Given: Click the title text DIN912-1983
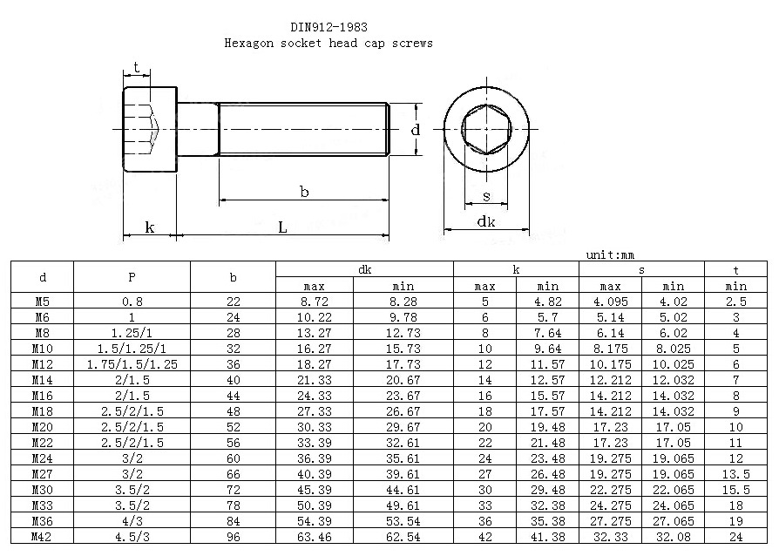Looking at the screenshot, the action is click(x=329, y=27).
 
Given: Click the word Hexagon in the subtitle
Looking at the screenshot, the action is click(x=249, y=44).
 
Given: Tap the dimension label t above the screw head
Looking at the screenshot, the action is click(x=136, y=67).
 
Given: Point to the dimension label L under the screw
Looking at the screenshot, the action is click(x=282, y=227).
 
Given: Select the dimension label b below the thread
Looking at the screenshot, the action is click(x=305, y=192).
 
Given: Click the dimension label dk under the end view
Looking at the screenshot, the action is click(x=486, y=221).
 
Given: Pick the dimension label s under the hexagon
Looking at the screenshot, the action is click(x=486, y=196).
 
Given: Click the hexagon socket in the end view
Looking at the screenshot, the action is click(x=486, y=129).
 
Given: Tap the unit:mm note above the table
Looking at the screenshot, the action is click(x=610, y=254).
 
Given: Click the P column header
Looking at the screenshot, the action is click(x=132, y=277).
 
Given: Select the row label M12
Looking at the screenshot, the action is click(x=42, y=364).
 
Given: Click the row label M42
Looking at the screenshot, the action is click(x=41, y=537).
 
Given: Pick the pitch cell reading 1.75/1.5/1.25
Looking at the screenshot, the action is click(x=132, y=364).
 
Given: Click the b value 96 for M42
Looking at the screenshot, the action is click(x=233, y=537).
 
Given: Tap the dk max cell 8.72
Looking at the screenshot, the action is click(x=314, y=302).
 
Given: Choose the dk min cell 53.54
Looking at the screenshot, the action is click(x=403, y=521).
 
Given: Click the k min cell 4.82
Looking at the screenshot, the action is click(x=547, y=302).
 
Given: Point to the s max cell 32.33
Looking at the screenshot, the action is click(x=610, y=537).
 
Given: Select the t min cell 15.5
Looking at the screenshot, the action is click(x=735, y=490).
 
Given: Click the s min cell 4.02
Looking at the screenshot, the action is click(x=674, y=302).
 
